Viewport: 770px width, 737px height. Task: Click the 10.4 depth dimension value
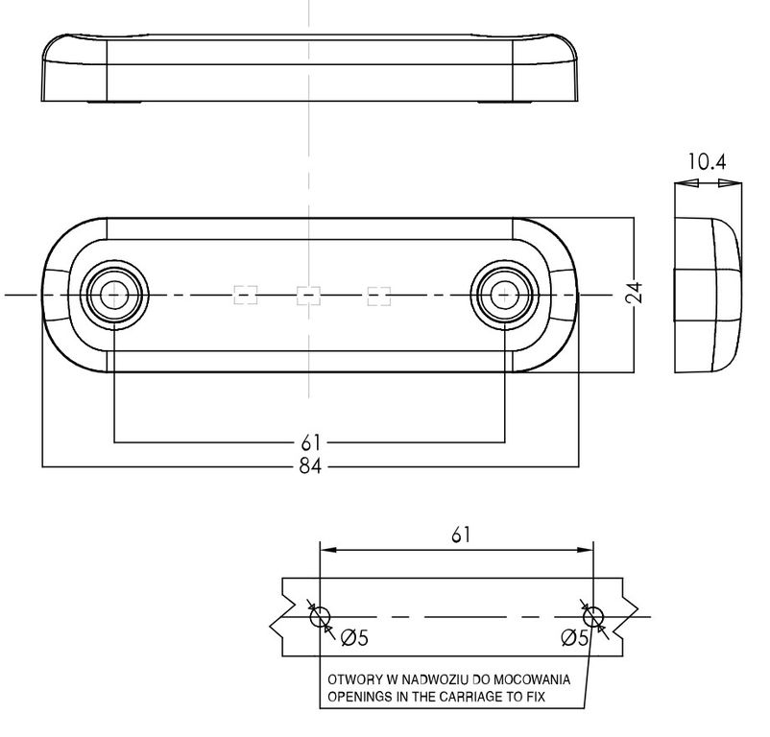[x=707, y=161]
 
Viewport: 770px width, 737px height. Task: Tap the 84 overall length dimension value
[x=310, y=465]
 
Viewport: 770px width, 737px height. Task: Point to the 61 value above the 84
[x=310, y=442]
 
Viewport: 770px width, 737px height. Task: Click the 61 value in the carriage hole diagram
[x=461, y=535]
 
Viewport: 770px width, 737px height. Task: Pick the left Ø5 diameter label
[x=354, y=638]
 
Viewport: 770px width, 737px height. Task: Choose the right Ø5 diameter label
[x=574, y=638]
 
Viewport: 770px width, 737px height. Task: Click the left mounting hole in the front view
[x=114, y=295]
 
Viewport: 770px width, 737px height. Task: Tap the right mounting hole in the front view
[x=505, y=295]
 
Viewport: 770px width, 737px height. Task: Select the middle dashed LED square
[x=308, y=296]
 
